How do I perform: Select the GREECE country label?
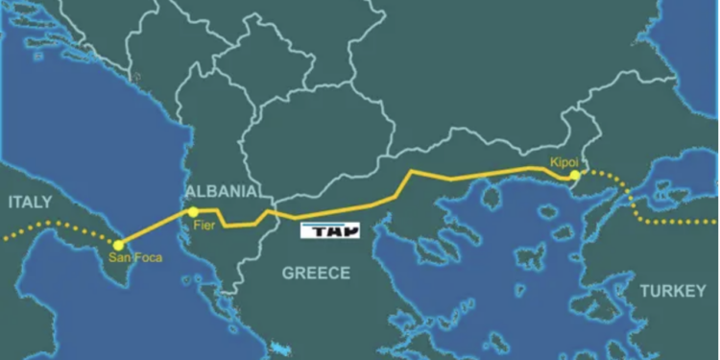point(316,274)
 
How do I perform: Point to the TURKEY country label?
point(673,290)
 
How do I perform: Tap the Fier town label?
point(203,226)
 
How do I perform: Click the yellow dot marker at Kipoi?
point(573,176)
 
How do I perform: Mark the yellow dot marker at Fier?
point(193,211)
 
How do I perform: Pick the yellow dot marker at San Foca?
point(119,246)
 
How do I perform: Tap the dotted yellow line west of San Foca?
point(58,230)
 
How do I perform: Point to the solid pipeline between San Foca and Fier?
point(156,228)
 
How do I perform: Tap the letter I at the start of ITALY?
point(10,203)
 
